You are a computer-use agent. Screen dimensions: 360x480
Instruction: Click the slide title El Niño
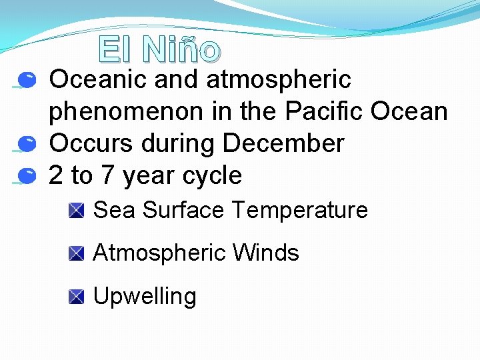click(x=159, y=49)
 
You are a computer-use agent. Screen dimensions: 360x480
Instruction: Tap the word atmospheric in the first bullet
click(x=279, y=80)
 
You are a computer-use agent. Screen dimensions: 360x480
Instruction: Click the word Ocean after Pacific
click(x=409, y=111)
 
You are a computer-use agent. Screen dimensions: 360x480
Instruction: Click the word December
click(x=283, y=143)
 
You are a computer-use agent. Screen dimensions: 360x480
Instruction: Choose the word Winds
click(x=265, y=253)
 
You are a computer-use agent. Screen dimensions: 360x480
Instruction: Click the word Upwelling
click(x=145, y=297)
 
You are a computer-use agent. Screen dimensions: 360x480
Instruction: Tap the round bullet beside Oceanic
click(x=27, y=81)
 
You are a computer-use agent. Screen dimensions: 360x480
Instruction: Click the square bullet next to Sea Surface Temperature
click(x=76, y=211)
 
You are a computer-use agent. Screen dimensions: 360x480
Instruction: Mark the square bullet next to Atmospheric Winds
click(x=76, y=254)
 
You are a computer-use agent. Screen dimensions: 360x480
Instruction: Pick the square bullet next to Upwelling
click(x=76, y=297)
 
